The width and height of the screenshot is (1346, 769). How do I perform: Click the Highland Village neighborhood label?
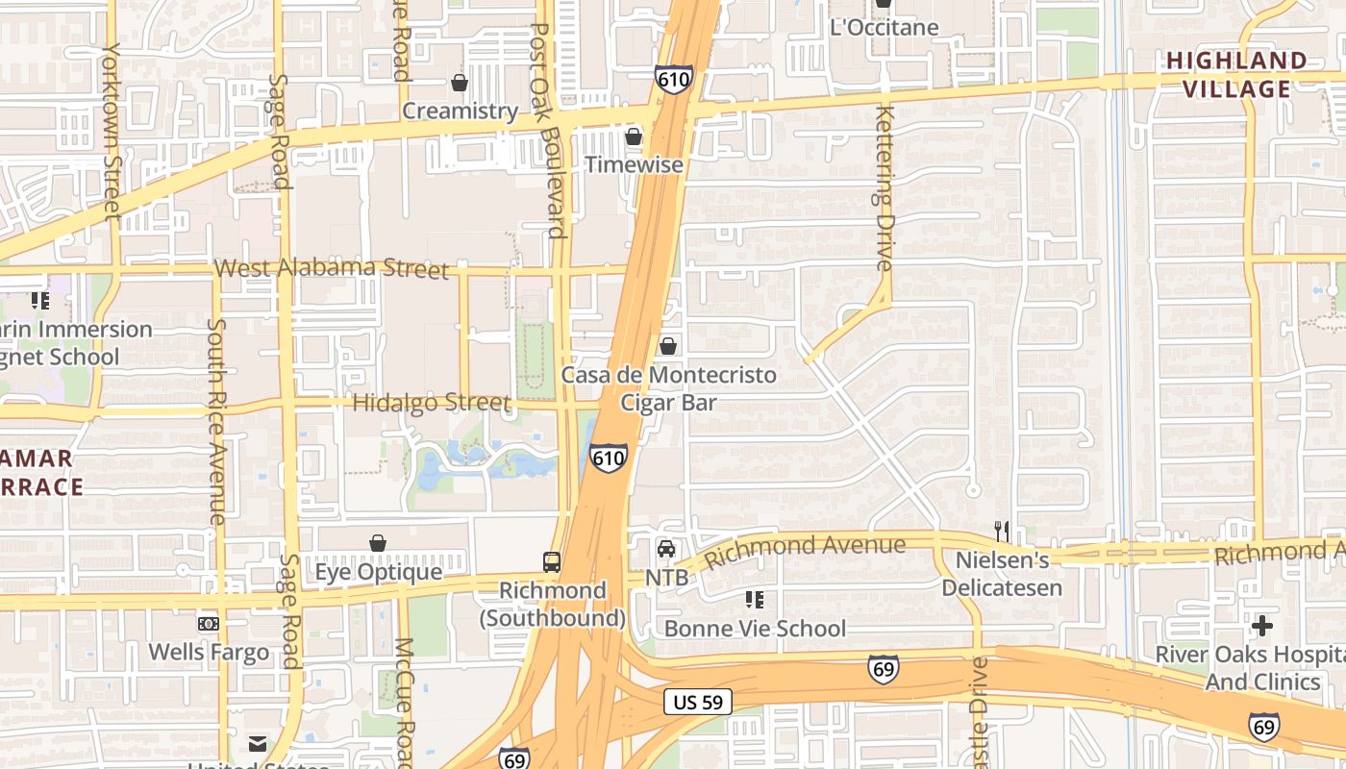click(1236, 75)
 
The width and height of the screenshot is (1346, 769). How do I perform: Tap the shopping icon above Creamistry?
click(460, 84)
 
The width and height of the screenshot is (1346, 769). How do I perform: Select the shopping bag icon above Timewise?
click(634, 137)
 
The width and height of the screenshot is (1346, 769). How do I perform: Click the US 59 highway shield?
click(698, 702)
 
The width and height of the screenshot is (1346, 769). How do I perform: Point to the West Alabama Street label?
click(332, 268)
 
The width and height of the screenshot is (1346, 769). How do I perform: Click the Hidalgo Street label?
click(431, 403)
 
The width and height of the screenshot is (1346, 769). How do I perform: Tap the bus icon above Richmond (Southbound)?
click(552, 562)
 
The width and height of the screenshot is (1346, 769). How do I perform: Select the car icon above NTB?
click(666, 549)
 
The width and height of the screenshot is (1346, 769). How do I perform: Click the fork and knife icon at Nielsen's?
click(1002, 532)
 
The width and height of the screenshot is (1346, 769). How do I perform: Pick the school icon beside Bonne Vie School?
click(755, 600)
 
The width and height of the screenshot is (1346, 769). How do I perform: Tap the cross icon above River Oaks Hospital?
click(1261, 626)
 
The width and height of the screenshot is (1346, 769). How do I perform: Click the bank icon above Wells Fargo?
click(209, 624)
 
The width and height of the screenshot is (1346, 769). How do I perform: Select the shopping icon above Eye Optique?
click(378, 544)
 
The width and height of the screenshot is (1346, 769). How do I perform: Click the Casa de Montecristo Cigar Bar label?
click(668, 388)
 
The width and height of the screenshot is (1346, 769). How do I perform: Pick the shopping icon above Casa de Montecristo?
click(668, 346)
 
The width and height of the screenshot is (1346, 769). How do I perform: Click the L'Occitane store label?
click(884, 27)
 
